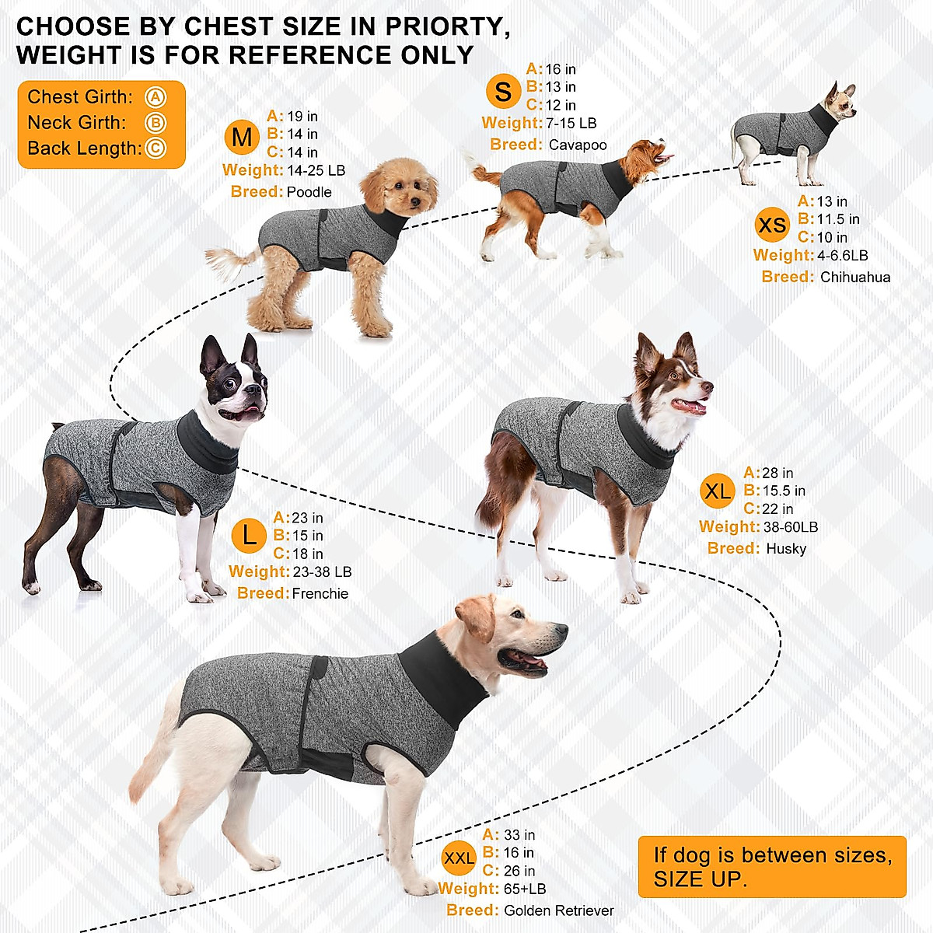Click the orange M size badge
[x=242, y=138]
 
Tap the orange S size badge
[x=503, y=91]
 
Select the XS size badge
[x=771, y=225]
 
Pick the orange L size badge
[x=249, y=536]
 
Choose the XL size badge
[x=717, y=491]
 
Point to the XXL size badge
[x=459, y=858]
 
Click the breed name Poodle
[x=309, y=192]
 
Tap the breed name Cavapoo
[x=577, y=145]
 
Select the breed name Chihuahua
[x=854, y=277]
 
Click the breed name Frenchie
[x=320, y=593]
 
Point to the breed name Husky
[x=785, y=548]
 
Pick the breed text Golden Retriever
[x=558, y=910]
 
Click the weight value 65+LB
[x=525, y=889]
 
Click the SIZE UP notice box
[x=772, y=867]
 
